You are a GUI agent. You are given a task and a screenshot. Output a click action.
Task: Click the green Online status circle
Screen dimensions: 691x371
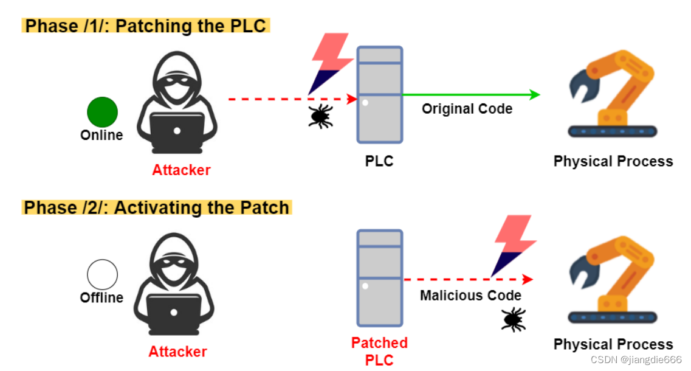[102, 112]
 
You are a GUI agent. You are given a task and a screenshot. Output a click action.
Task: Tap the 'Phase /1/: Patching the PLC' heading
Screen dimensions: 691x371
[145, 26]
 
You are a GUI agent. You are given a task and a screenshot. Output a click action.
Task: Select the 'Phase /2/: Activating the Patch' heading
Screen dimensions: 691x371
[156, 207]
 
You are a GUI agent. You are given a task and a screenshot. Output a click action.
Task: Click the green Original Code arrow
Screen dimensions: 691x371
[471, 94]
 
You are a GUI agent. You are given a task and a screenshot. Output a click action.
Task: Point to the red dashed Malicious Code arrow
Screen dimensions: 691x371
[469, 279]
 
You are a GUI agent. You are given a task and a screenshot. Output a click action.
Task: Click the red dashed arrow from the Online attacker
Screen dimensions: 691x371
[293, 99]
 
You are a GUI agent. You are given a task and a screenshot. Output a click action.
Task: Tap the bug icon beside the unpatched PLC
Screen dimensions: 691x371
[321, 116]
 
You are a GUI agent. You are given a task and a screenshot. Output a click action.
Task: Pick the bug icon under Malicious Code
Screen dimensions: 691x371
[514, 319]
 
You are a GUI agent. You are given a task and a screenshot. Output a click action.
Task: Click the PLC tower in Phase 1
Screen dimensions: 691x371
[379, 95]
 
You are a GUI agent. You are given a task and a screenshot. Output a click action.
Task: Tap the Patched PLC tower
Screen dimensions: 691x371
[379, 279]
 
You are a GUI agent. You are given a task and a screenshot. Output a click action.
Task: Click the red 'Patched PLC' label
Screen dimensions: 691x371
[379, 351]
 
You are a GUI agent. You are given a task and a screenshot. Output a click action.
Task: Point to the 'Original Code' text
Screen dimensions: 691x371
[467, 108]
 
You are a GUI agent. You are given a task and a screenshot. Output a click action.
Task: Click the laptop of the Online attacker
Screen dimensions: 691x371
[177, 131]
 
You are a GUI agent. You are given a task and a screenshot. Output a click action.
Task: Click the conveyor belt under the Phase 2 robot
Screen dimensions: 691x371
[613, 317]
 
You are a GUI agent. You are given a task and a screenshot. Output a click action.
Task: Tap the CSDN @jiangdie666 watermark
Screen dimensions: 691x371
[636, 359]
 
